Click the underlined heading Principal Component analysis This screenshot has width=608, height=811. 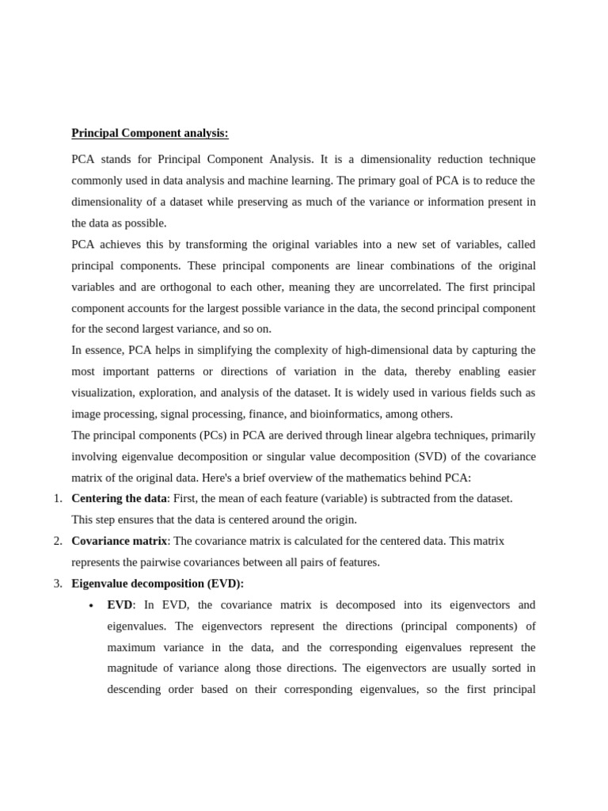click(150, 133)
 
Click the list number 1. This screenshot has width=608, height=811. click(57, 499)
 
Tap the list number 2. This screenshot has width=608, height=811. click(57, 541)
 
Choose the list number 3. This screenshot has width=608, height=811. click(57, 584)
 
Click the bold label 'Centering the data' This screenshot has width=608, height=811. click(119, 499)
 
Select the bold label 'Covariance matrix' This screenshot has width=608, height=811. click(119, 541)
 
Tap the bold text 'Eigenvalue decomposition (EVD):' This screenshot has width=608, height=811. click(158, 584)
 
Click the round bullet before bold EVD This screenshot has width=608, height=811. click(91, 606)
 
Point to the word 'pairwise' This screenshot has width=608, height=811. click(178, 562)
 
